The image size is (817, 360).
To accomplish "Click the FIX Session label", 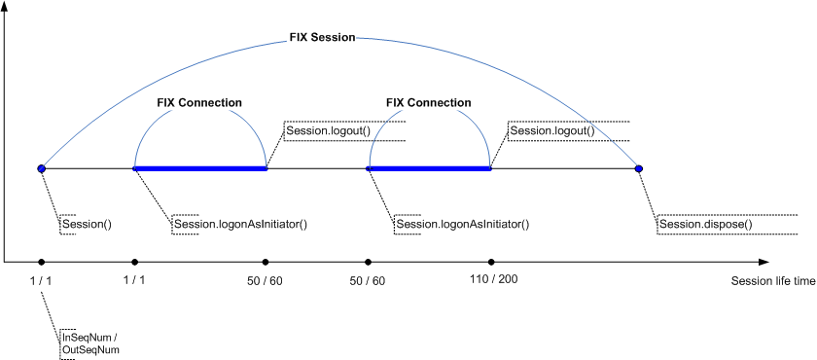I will click(x=322, y=38).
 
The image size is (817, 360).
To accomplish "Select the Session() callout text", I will click(x=87, y=224).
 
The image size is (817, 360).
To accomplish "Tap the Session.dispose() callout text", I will click(x=705, y=225).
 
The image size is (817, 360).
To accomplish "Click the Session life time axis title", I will click(x=772, y=280).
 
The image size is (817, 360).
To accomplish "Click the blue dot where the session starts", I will click(x=41, y=168).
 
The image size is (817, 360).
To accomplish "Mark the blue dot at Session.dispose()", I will click(x=639, y=168).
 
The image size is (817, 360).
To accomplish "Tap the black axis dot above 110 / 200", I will click(x=491, y=262).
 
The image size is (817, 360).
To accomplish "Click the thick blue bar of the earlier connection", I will click(x=200, y=168).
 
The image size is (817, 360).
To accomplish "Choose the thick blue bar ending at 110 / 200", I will click(x=429, y=168).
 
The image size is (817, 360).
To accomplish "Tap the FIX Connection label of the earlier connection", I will click(x=199, y=102).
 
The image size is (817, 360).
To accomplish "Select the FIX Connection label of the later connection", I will click(x=428, y=102).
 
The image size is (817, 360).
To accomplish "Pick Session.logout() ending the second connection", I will click(x=551, y=130).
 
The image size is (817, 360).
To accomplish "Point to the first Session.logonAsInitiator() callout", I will click(x=240, y=225).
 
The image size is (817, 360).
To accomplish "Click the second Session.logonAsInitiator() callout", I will click(x=462, y=225).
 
